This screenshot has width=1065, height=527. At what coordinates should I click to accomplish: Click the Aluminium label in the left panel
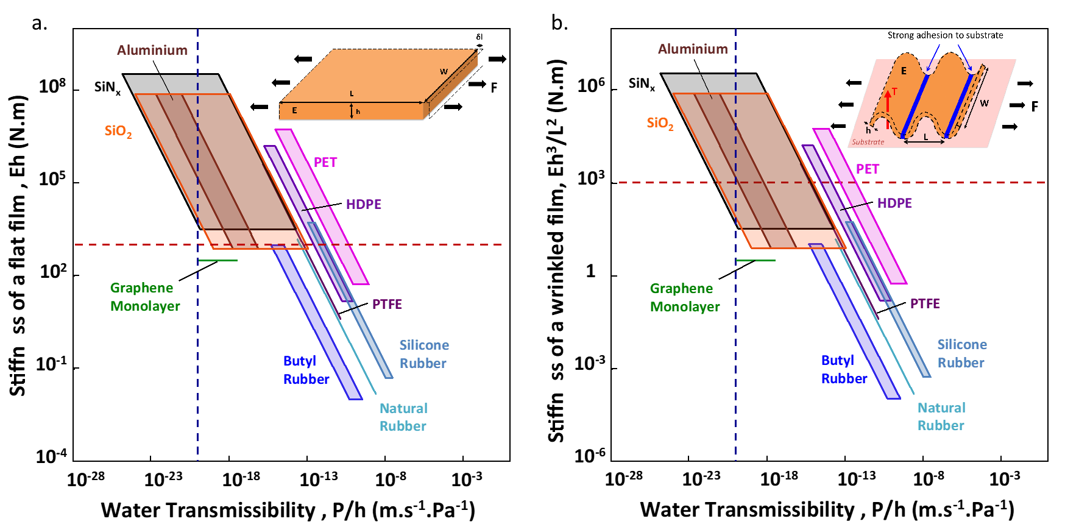click(x=152, y=50)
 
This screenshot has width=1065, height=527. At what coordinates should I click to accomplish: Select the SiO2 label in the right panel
click(x=660, y=124)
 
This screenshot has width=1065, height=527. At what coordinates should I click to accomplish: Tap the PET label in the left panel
click(x=325, y=162)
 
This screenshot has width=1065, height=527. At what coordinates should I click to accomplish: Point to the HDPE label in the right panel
click(x=894, y=203)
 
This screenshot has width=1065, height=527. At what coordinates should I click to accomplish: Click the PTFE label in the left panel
click(x=387, y=304)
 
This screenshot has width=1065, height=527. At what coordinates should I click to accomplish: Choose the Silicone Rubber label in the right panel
click(x=961, y=353)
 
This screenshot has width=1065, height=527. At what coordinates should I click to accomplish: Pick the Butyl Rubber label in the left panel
click(x=306, y=370)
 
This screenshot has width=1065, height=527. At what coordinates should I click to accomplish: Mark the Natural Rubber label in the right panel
click(x=941, y=417)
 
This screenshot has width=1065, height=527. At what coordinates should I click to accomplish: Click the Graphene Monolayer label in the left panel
click(x=145, y=297)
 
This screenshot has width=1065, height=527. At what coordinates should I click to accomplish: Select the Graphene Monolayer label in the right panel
click(x=685, y=297)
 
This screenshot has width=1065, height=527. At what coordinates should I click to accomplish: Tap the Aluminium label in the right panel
click(x=693, y=49)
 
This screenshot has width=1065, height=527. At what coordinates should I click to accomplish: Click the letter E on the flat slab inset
click(x=294, y=111)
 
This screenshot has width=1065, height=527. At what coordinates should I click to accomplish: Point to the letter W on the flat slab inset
click(x=444, y=72)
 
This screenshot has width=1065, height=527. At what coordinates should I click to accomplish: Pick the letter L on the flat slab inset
click(x=352, y=94)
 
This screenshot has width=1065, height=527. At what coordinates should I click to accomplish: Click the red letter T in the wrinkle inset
click(x=894, y=92)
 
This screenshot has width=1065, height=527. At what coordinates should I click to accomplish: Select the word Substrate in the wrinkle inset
click(x=868, y=142)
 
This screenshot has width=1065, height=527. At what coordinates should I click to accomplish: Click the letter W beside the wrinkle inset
click(x=984, y=104)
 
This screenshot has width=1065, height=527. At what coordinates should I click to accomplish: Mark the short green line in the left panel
click(x=218, y=261)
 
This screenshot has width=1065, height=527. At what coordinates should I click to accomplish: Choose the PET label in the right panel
click(x=868, y=169)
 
